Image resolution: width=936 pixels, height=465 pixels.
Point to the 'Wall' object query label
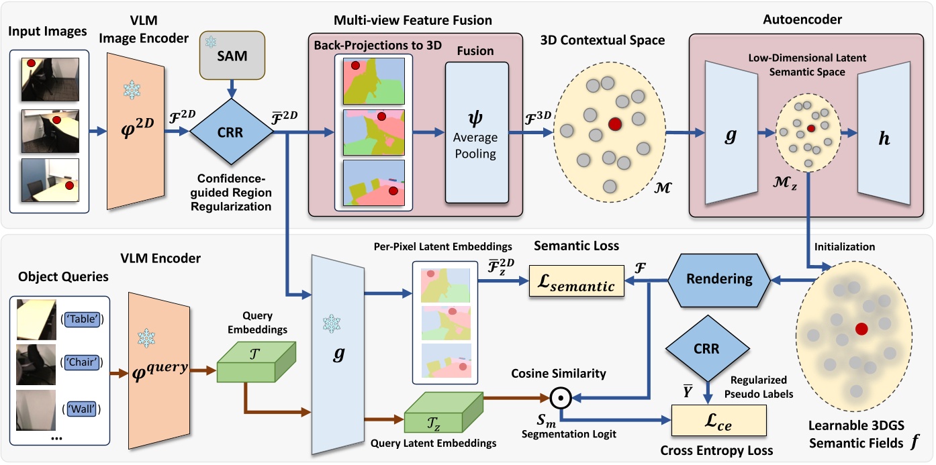point(79,407)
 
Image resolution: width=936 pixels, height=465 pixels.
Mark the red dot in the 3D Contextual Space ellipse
point(614,124)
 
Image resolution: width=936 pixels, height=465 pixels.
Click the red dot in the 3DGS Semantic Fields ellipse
point(861,329)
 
